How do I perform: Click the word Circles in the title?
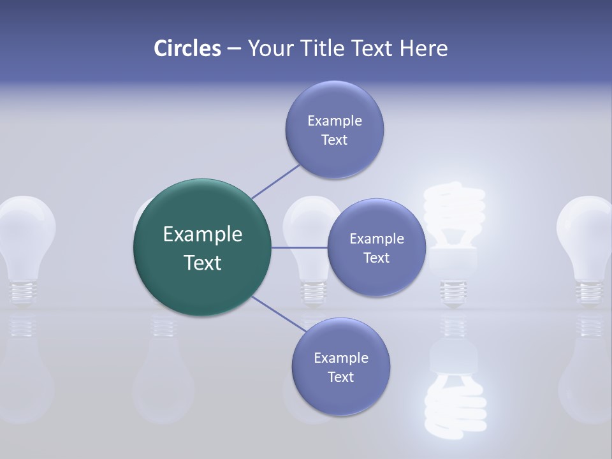187,48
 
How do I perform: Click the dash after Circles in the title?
234,49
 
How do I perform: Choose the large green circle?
202,247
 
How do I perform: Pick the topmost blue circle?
334,129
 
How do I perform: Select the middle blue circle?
376,247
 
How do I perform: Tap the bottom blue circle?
340,367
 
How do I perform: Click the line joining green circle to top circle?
276,180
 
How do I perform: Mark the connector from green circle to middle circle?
300,247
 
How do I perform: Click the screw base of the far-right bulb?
587,290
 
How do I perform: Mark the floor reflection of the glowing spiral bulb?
454,389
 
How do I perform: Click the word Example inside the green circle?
202,234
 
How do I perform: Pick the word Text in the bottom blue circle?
340,377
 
